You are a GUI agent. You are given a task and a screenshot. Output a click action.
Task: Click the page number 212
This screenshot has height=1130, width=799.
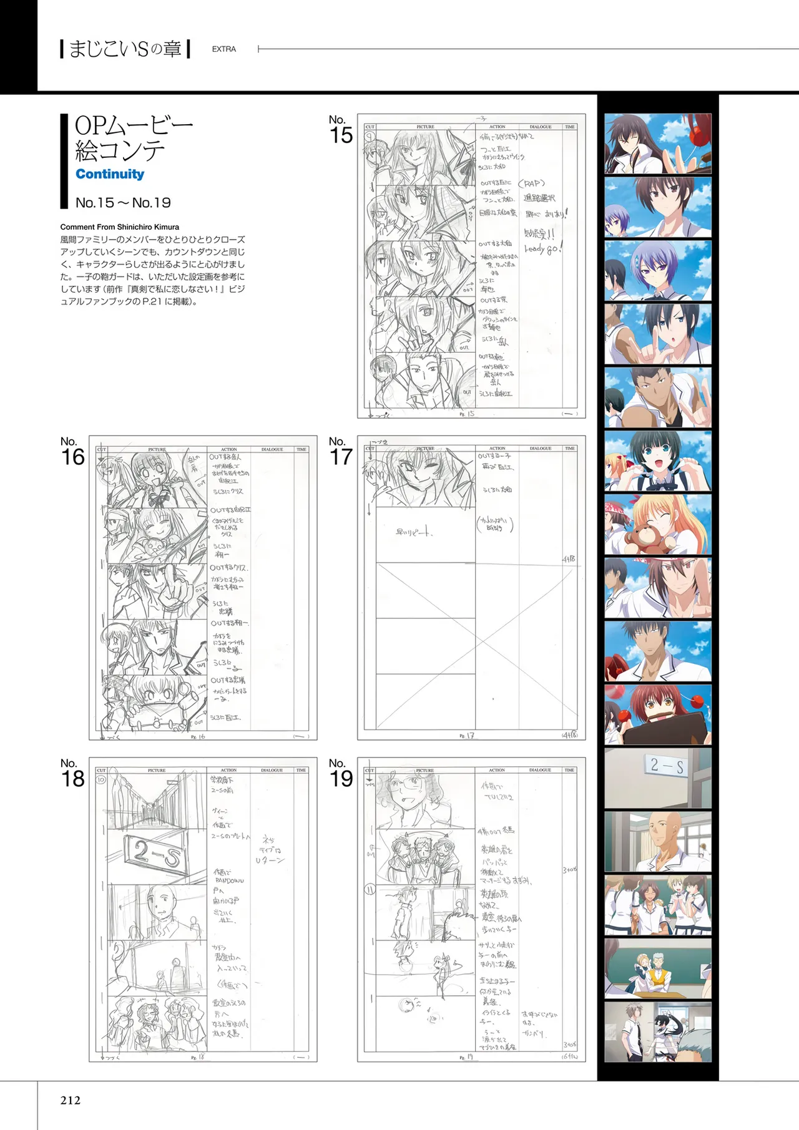click(71, 1100)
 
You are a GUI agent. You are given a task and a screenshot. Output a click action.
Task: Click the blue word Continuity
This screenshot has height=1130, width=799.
click(110, 174)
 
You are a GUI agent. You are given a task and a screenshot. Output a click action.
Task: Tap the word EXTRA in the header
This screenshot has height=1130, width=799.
click(223, 49)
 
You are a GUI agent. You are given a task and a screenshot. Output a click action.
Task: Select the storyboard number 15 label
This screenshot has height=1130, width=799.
click(341, 130)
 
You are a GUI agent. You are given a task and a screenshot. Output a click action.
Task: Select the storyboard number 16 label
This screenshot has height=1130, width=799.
click(72, 452)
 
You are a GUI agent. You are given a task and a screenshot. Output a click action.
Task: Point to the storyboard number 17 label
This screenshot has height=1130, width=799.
click(341, 452)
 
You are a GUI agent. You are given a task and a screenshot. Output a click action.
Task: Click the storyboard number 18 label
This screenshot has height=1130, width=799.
click(72, 774)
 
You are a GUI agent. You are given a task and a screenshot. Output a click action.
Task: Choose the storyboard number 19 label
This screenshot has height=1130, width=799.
click(341, 774)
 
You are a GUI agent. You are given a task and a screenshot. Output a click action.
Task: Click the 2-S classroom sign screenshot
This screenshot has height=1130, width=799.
click(658, 778)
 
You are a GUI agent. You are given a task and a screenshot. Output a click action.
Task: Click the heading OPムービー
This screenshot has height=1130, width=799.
click(134, 125)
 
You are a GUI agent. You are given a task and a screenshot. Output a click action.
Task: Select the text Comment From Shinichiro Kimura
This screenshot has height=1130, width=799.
click(120, 227)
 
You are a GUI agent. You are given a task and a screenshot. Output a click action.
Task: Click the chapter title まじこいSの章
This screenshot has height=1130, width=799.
click(125, 49)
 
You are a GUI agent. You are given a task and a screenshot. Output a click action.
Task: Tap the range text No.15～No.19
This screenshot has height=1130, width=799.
click(123, 203)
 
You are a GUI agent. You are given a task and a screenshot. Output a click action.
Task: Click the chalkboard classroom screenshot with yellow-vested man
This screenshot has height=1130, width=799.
click(658, 968)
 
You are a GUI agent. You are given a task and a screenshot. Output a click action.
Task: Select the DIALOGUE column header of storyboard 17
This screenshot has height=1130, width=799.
click(541, 449)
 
